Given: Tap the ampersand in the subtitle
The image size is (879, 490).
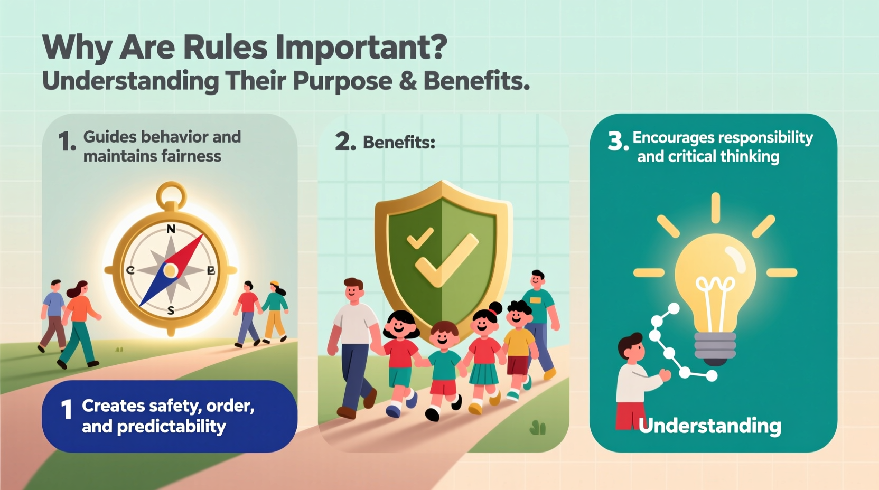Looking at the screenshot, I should point(407,81).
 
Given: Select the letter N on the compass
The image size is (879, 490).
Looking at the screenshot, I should point(171,229).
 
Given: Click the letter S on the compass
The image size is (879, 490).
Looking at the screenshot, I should point(171,311).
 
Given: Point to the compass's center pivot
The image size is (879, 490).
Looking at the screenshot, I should point(170,270).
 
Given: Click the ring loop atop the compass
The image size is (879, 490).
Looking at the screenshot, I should point(171,193).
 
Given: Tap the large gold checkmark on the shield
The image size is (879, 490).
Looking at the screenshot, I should point(446,259).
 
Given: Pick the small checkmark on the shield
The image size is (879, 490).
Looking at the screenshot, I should point(419,238).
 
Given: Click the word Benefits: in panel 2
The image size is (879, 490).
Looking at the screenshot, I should point(399,143).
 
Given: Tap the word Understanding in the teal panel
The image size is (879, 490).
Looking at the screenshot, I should point(709,426).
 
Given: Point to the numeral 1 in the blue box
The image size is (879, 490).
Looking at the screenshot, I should point(67,410).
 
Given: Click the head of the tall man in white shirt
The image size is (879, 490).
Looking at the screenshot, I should point(353,289).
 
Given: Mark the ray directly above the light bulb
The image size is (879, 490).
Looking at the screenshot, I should point(715,208).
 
